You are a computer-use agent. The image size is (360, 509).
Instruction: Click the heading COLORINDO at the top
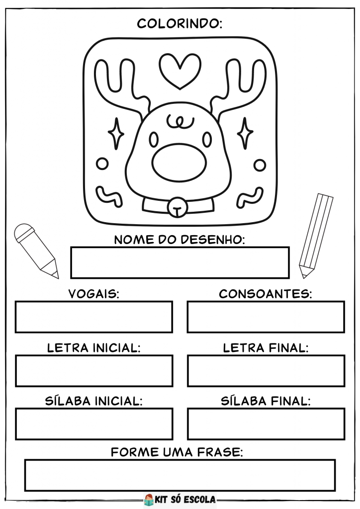(180, 24)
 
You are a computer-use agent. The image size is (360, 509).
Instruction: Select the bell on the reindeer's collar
(177, 207)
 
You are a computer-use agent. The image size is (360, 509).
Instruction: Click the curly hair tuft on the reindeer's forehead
(180, 121)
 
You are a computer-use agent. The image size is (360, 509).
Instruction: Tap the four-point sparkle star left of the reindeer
(116, 134)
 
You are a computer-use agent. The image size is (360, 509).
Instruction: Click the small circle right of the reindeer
(260, 165)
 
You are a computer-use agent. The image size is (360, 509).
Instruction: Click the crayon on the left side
(36, 251)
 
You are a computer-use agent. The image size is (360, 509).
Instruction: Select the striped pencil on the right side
(316, 236)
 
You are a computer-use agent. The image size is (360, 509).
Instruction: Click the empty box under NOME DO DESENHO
(180, 262)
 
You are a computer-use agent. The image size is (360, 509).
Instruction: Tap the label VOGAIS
(94, 294)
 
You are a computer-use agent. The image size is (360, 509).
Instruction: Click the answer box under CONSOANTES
(266, 317)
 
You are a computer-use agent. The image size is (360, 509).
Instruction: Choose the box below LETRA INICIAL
(94, 371)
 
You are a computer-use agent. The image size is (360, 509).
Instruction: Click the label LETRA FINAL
(266, 348)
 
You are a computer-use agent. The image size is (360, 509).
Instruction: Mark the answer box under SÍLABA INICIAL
(94, 424)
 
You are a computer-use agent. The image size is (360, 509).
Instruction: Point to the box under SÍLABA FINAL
(266, 424)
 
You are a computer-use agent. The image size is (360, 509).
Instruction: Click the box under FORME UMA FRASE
(180, 475)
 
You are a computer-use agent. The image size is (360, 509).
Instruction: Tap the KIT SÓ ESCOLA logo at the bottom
(180, 499)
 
